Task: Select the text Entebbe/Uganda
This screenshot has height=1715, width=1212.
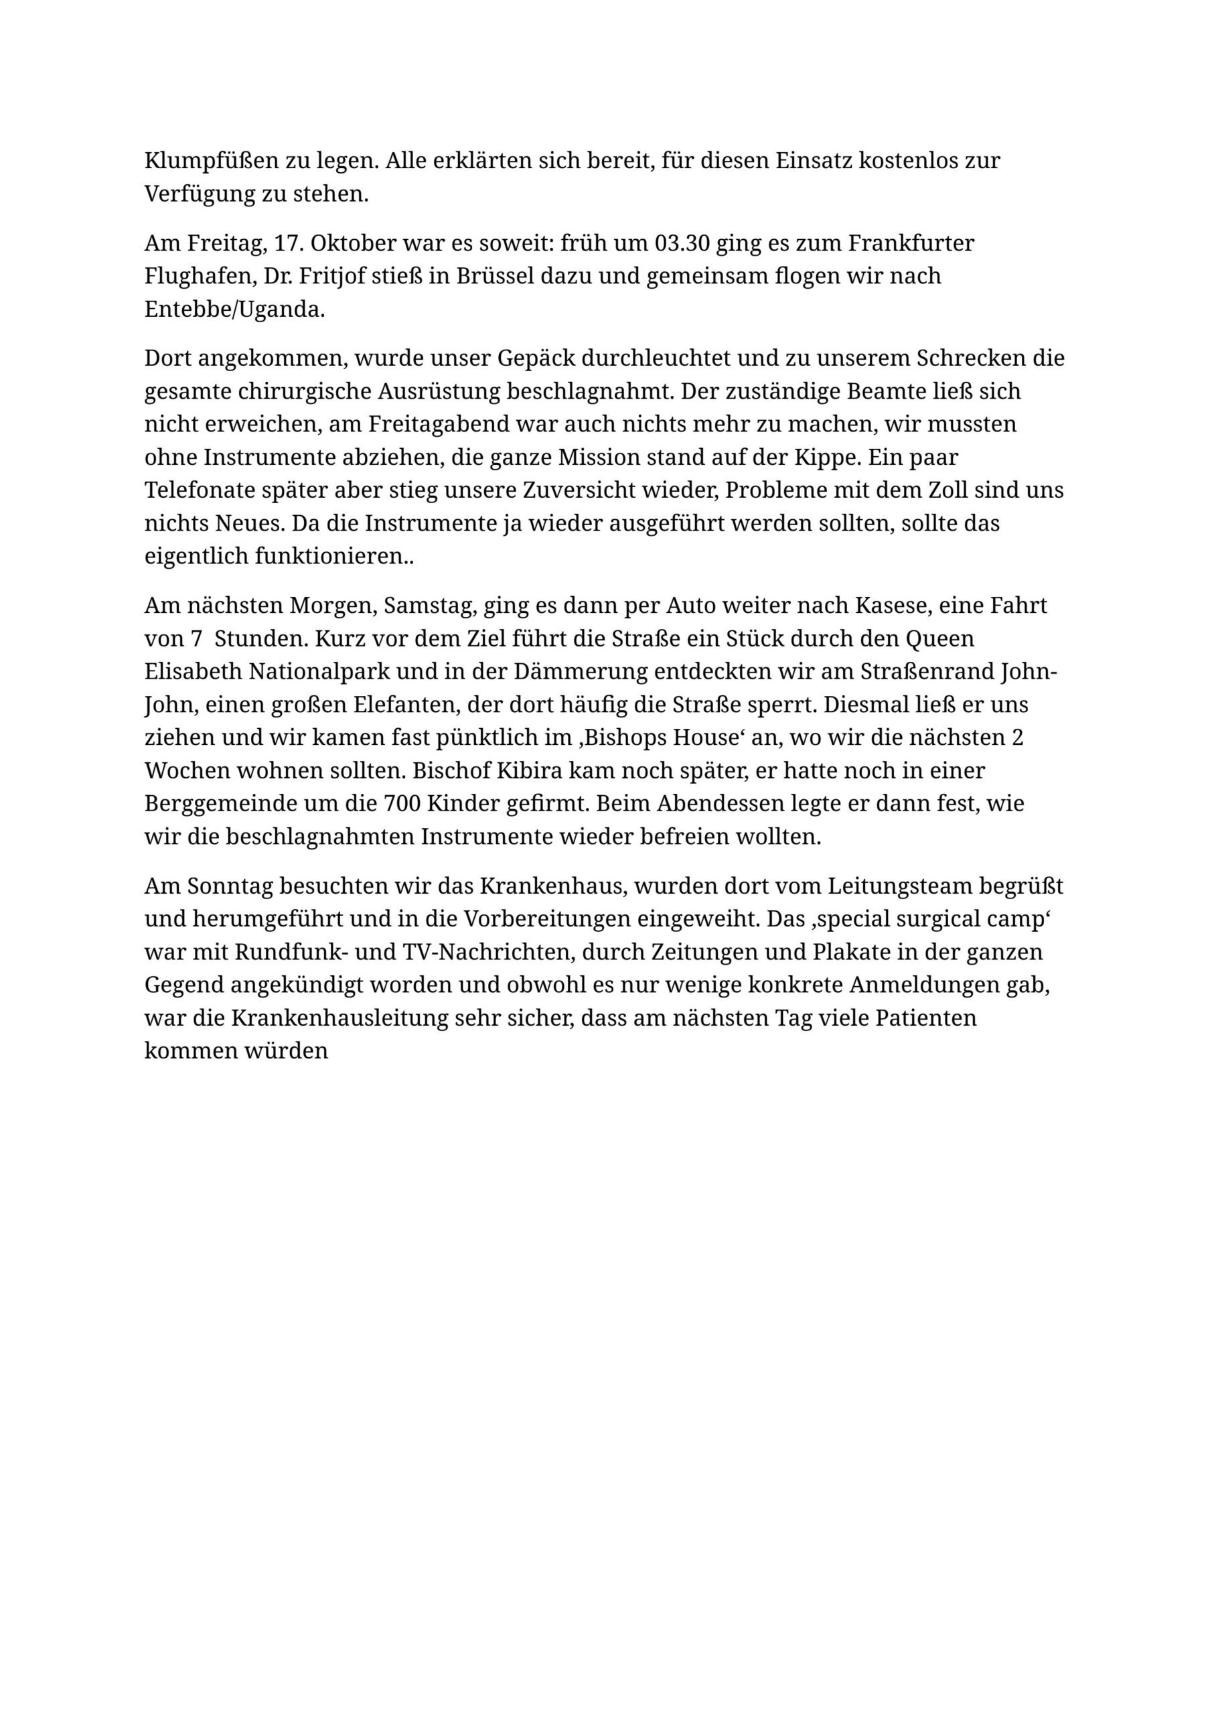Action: (x=234, y=310)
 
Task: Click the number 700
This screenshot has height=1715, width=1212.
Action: (x=402, y=803)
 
